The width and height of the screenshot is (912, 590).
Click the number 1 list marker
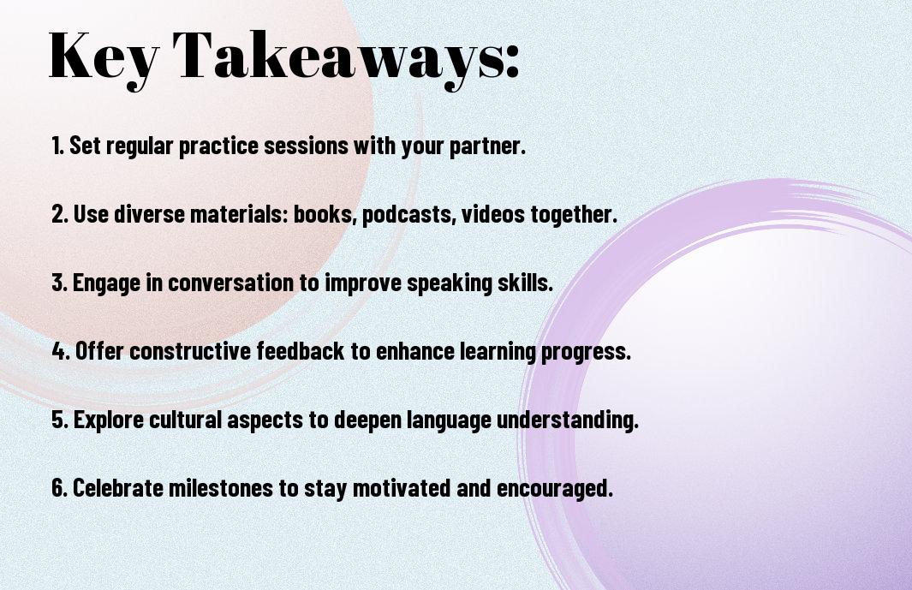pyautogui.click(x=57, y=146)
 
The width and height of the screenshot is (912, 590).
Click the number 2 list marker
pyautogui.click(x=59, y=214)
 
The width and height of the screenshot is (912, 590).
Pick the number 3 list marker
pyautogui.click(x=59, y=283)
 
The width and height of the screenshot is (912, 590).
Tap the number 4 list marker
pyautogui.click(x=61, y=351)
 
